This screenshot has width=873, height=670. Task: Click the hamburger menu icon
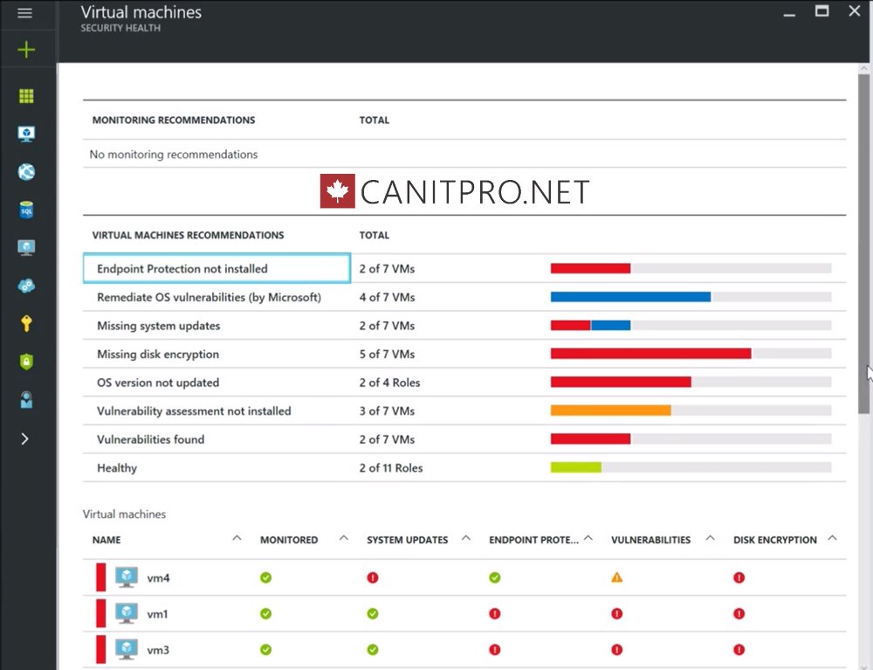click(x=25, y=13)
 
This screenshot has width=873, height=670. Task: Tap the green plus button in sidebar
click(x=26, y=50)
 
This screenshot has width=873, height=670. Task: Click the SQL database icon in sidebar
click(x=26, y=210)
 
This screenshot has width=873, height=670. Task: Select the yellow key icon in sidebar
click(x=26, y=324)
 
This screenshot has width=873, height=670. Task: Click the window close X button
click(x=855, y=11)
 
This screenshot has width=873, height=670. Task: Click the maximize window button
click(x=821, y=11)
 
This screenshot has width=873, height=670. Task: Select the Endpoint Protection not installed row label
click(x=182, y=269)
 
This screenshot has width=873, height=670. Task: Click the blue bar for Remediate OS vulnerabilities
click(x=630, y=297)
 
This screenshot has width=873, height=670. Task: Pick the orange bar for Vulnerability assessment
click(x=610, y=411)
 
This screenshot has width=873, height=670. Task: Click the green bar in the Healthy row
click(x=575, y=467)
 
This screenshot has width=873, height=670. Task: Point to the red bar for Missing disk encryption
click(x=650, y=354)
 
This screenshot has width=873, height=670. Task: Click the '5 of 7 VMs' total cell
click(x=387, y=354)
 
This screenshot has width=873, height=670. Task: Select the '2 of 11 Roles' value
click(x=390, y=468)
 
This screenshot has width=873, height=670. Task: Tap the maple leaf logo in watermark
click(x=337, y=191)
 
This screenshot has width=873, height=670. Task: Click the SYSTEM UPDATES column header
click(x=408, y=540)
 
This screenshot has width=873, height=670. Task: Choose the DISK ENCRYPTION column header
click(x=774, y=540)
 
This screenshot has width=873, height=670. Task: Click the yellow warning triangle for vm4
click(x=617, y=577)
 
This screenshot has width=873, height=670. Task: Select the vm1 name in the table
click(x=157, y=614)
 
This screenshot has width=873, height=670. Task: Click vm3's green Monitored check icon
click(x=266, y=650)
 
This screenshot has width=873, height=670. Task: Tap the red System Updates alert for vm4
click(x=373, y=577)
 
